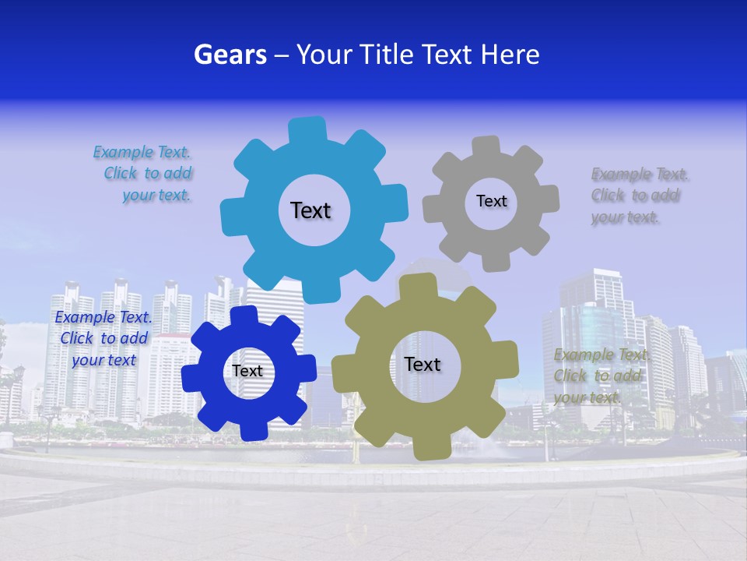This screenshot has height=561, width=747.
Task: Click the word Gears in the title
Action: (230, 55)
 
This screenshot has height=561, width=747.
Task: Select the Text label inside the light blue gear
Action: (310, 210)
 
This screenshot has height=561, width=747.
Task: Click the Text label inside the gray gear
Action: (491, 201)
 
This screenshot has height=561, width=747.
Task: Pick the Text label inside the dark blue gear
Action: (247, 371)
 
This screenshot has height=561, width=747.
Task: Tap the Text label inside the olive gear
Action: (423, 364)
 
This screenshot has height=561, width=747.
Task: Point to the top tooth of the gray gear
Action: (486, 146)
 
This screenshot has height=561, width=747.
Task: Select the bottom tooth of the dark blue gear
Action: (251, 430)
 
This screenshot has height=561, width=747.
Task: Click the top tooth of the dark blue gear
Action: (244, 314)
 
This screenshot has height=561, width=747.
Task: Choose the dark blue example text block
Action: (103, 338)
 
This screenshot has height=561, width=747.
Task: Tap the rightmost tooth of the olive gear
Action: (508, 360)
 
